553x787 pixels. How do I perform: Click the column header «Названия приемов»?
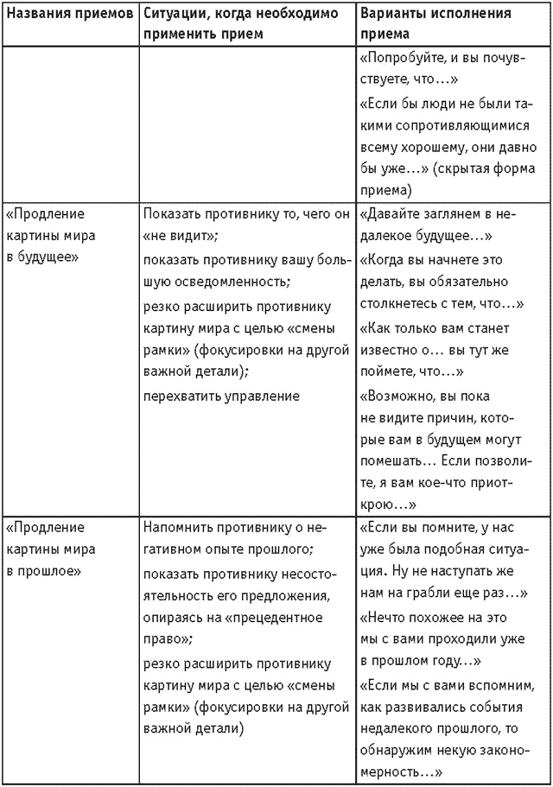coord(69,15)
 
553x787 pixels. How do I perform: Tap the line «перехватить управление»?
coord(221,396)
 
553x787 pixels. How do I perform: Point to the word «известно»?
coord(393,350)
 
